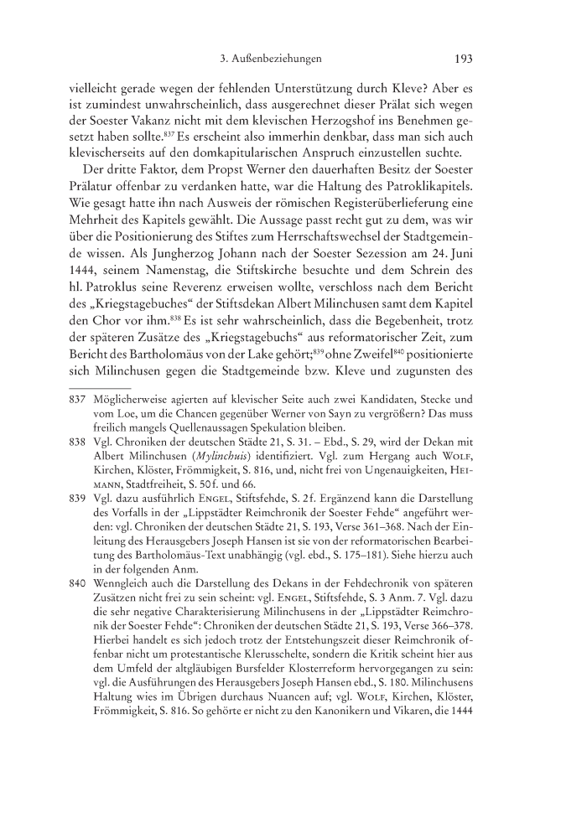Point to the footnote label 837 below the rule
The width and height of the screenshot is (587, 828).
77,401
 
